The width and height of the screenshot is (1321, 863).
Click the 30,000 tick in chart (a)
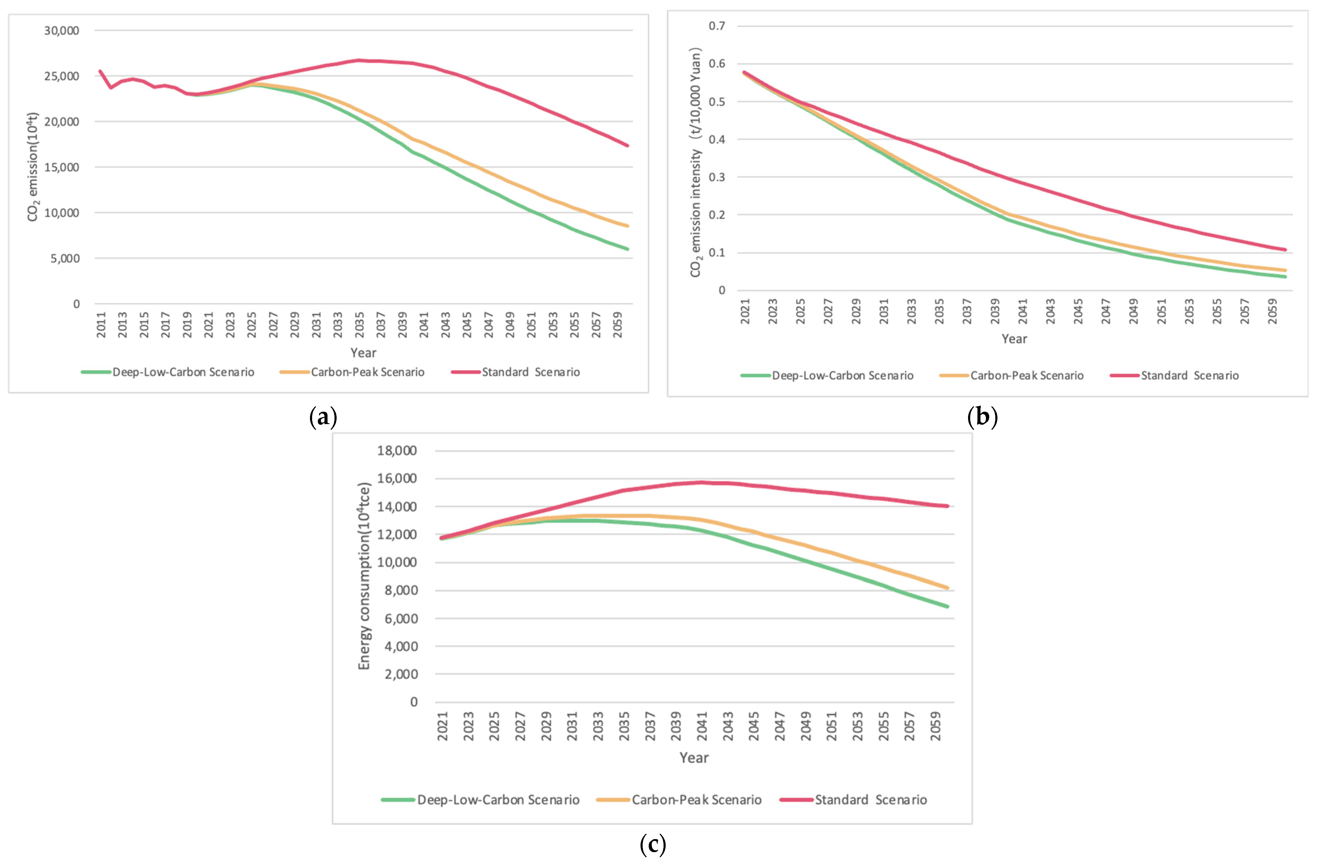click(62, 31)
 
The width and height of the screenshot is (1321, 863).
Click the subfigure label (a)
click(323, 416)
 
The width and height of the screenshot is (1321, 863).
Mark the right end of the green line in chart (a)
click(628, 249)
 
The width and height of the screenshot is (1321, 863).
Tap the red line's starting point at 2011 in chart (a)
click(100, 71)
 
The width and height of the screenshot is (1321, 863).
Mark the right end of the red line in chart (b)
click(1286, 250)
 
